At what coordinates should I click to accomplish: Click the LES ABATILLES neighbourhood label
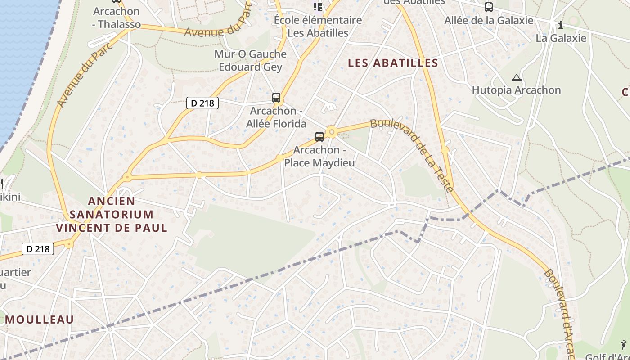point(393,63)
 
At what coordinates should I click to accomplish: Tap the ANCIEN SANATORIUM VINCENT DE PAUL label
point(112,214)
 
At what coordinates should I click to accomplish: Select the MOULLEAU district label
point(40,319)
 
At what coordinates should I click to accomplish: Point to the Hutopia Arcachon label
point(516,90)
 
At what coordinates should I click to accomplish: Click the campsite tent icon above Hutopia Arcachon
point(516,77)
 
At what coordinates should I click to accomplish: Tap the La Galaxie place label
point(561,38)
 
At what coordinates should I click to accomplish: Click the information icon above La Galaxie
point(560,25)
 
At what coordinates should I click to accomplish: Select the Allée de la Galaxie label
point(489,20)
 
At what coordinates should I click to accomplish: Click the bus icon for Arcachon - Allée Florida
point(276,97)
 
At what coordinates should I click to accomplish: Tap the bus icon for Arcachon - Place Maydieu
point(319,136)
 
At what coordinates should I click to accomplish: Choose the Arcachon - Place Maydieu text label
point(319,156)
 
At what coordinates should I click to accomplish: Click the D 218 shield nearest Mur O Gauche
point(202,103)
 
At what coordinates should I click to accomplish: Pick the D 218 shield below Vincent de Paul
point(38,248)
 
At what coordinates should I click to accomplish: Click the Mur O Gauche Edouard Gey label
point(250,61)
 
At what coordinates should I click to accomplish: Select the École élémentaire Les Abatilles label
point(318,27)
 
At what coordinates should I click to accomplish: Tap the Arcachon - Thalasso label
point(116,18)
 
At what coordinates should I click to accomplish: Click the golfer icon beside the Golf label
point(624,345)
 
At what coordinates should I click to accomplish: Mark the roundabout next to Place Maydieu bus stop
point(332,132)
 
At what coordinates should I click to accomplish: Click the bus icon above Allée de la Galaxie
point(488,7)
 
